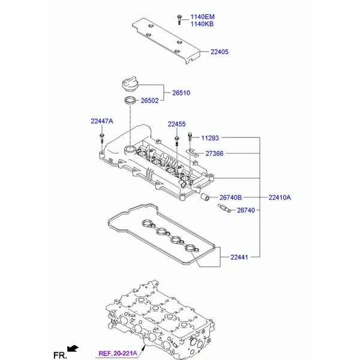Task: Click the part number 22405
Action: coord(220,52)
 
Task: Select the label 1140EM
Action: coord(203,17)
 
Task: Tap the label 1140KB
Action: coord(202,24)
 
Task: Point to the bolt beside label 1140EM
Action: coord(179,20)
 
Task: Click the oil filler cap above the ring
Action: coord(130,85)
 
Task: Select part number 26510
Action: coord(181,93)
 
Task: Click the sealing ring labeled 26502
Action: coord(130,100)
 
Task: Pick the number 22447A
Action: coord(102,121)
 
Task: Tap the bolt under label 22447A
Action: coord(102,138)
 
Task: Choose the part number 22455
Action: coord(176,124)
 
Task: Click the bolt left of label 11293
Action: coord(190,137)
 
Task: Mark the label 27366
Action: coord(214,154)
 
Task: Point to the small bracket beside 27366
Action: coord(192,152)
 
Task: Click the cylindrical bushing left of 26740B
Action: coord(205,197)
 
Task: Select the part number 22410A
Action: coord(280,197)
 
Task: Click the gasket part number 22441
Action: coord(239,257)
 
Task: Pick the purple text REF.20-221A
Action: coord(118,353)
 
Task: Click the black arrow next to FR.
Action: coord(73,349)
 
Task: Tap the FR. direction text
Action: coord(60,355)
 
